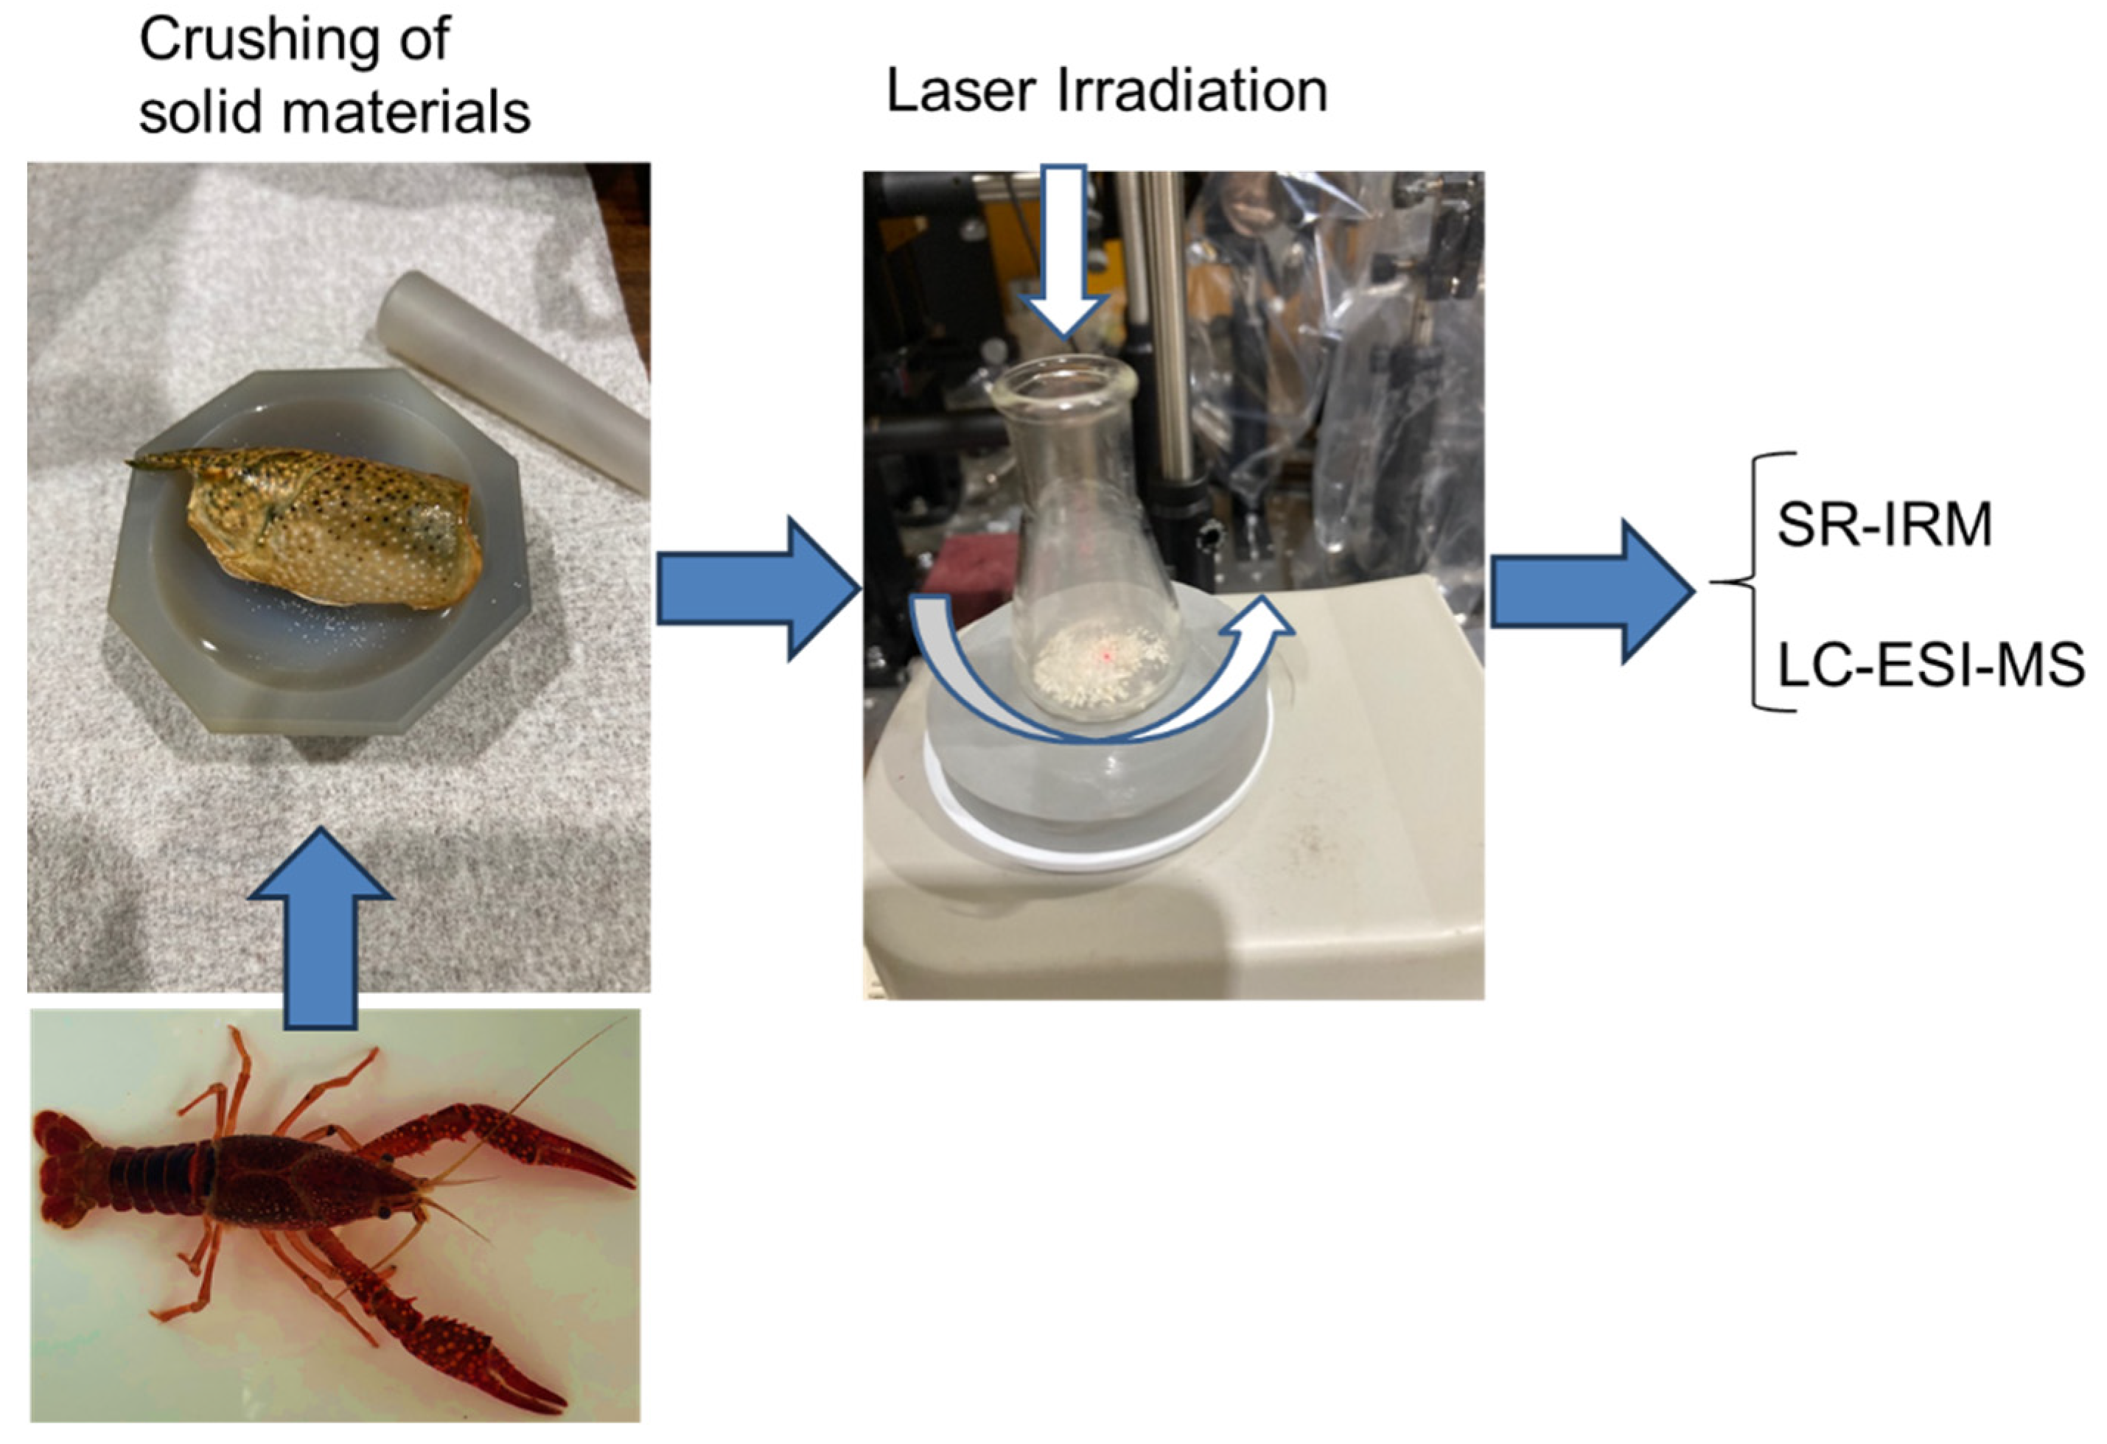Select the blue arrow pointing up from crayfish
point(320,928)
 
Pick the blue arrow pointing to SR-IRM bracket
point(1593,591)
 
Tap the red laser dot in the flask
point(1107,653)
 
